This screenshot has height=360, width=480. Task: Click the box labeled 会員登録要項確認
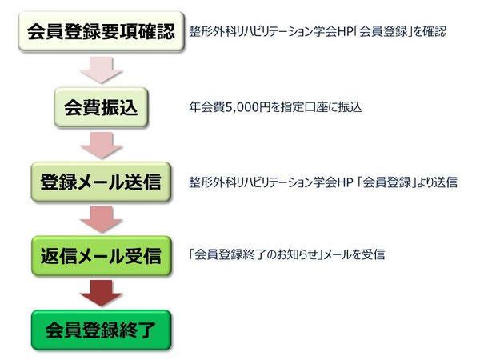(101, 31)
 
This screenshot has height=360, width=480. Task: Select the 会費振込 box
(101, 107)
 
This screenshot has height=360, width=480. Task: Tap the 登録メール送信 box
(101, 182)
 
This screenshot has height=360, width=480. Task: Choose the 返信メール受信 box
(101, 256)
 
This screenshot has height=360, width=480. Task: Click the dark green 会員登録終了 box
(101, 330)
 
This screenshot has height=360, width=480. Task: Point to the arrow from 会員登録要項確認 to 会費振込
(101, 70)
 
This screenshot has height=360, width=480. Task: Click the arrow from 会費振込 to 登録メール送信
(101, 145)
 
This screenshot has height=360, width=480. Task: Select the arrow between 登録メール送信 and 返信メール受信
(101, 219)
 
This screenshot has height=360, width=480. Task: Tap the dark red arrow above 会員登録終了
(101, 294)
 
